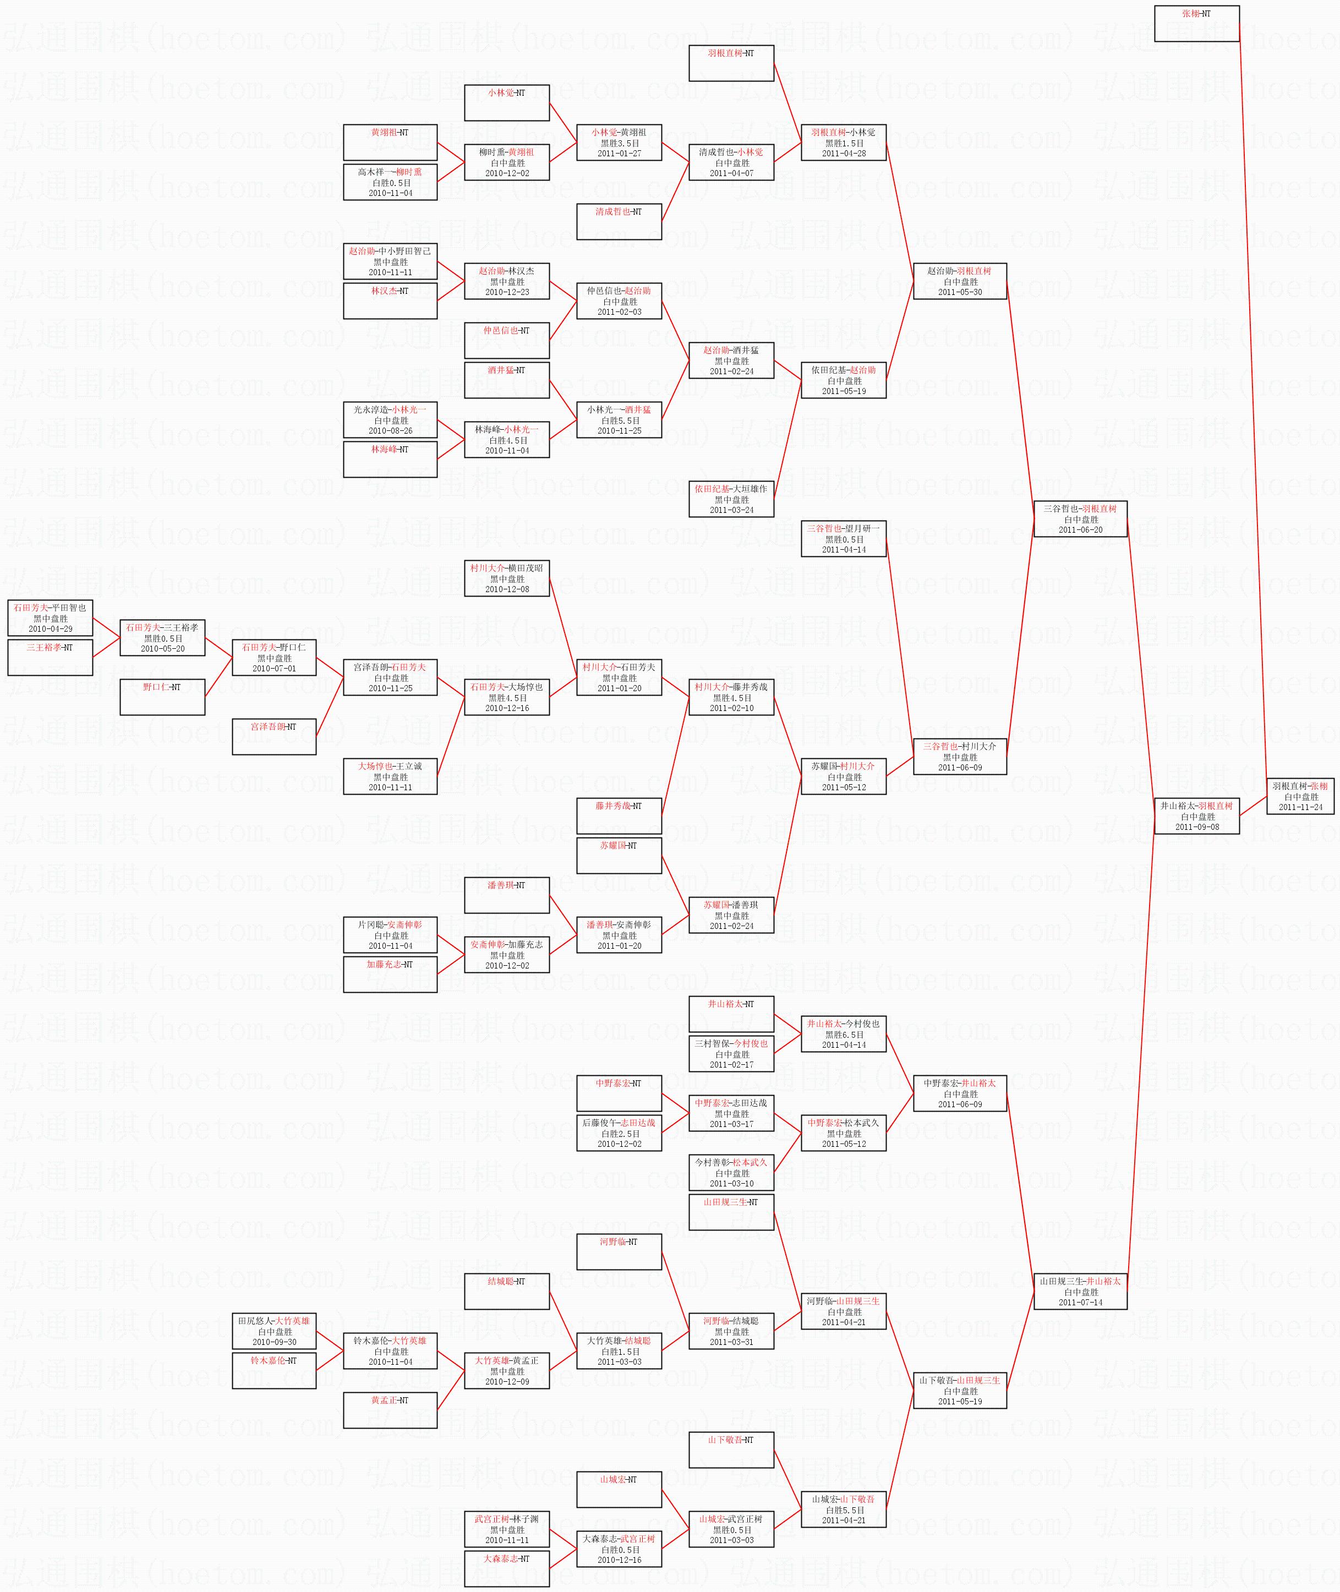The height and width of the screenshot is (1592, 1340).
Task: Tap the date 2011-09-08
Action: tap(1196, 827)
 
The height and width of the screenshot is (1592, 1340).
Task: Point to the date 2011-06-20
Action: tap(1080, 529)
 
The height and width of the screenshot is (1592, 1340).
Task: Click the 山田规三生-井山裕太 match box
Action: tap(1080, 1291)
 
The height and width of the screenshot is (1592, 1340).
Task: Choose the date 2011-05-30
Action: tap(959, 292)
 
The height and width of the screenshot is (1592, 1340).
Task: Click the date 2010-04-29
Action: tap(50, 629)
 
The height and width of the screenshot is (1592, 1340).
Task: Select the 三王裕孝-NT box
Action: tap(50, 657)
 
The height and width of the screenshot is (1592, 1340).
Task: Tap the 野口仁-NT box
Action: tap(162, 697)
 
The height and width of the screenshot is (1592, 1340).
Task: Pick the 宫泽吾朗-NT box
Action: tap(274, 736)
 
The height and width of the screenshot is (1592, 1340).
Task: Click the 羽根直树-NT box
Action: tap(731, 63)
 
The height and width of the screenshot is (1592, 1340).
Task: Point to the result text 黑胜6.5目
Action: tap(843, 1035)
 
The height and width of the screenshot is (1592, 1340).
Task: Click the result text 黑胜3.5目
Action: tap(619, 143)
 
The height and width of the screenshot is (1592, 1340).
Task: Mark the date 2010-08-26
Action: tap(390, 431)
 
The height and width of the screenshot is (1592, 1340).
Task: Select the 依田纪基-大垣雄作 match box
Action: tap(731, 499)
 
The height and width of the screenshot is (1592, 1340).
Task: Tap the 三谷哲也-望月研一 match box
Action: tap(843, 539)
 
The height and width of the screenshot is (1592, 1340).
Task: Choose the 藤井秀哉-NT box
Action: tap(619, 816)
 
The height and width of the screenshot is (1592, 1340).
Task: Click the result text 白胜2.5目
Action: tap(619, 1133)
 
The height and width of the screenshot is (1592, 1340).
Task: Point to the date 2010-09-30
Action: tap(274, 1342)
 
